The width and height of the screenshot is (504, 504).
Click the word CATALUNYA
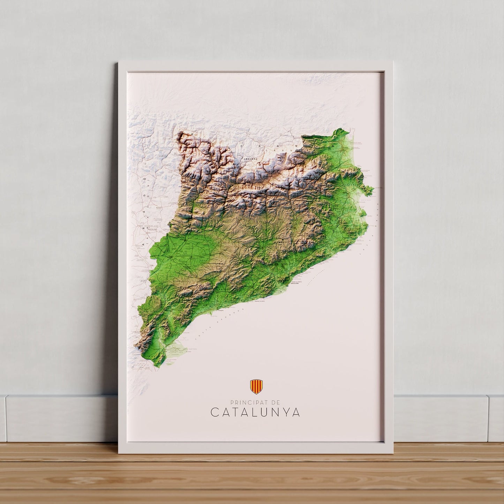coord(255,413)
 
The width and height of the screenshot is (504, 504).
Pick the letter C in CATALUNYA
coord(215,413)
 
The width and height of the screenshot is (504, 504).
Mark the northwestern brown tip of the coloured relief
coord(181,135)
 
